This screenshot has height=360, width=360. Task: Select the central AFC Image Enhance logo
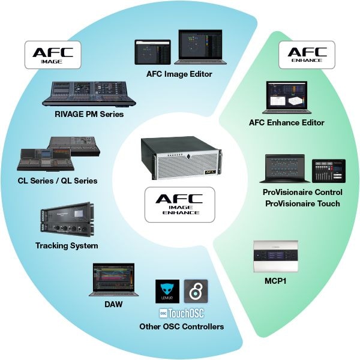coord(180,202)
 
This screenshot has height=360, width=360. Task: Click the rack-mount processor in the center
coord(179,158)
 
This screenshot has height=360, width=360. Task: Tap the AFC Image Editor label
coord(179,74)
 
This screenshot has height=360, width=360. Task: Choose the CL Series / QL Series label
coord(58,180)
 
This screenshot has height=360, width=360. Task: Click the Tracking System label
coord(67,245)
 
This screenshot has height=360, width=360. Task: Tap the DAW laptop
coord(113,281)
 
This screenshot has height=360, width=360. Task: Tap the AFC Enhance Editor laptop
coord(287,98)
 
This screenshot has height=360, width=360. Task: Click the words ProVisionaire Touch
coord(301,203)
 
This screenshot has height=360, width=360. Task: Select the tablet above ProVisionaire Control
coord(328,170)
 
